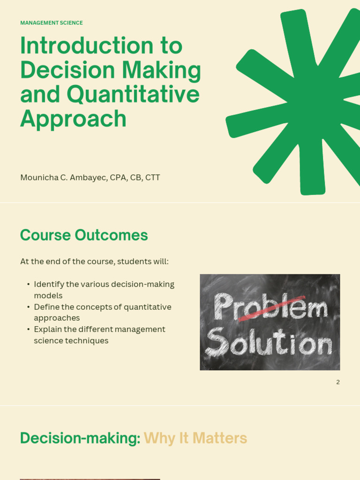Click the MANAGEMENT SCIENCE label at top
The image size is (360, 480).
(x=52, y=23)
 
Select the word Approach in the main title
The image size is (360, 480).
(x=73, y=119)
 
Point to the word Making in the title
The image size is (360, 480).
(x=161, y=70)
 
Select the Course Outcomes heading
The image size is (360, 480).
(x=84, y=235)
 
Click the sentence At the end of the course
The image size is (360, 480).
(x=94, y=262)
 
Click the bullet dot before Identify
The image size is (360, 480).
(x=29, y=285)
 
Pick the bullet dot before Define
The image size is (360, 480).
(x=29, y=307)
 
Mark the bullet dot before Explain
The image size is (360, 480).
(x=29, y=330)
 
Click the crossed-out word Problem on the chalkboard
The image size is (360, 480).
(x=270, y=307)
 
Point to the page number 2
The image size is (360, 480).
(x=338, y=382)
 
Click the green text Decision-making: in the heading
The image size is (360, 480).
(x=80, y=438)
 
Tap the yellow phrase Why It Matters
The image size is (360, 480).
(x=195, y=438)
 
